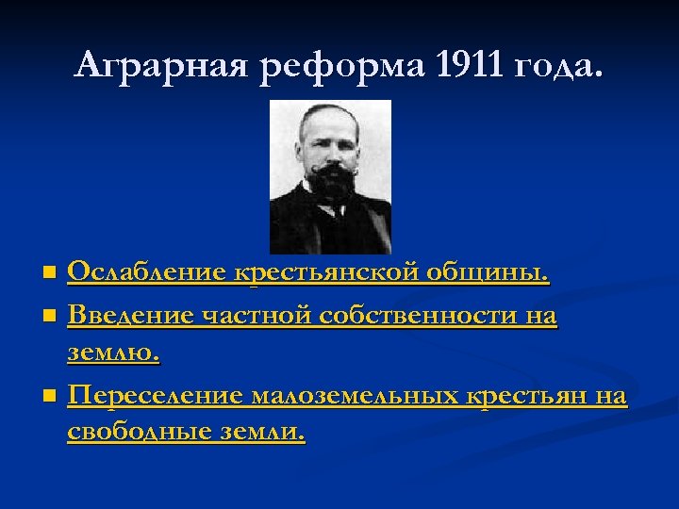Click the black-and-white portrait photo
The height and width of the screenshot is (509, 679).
tap(331, 177)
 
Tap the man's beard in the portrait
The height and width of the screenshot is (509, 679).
tap(331, 185)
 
